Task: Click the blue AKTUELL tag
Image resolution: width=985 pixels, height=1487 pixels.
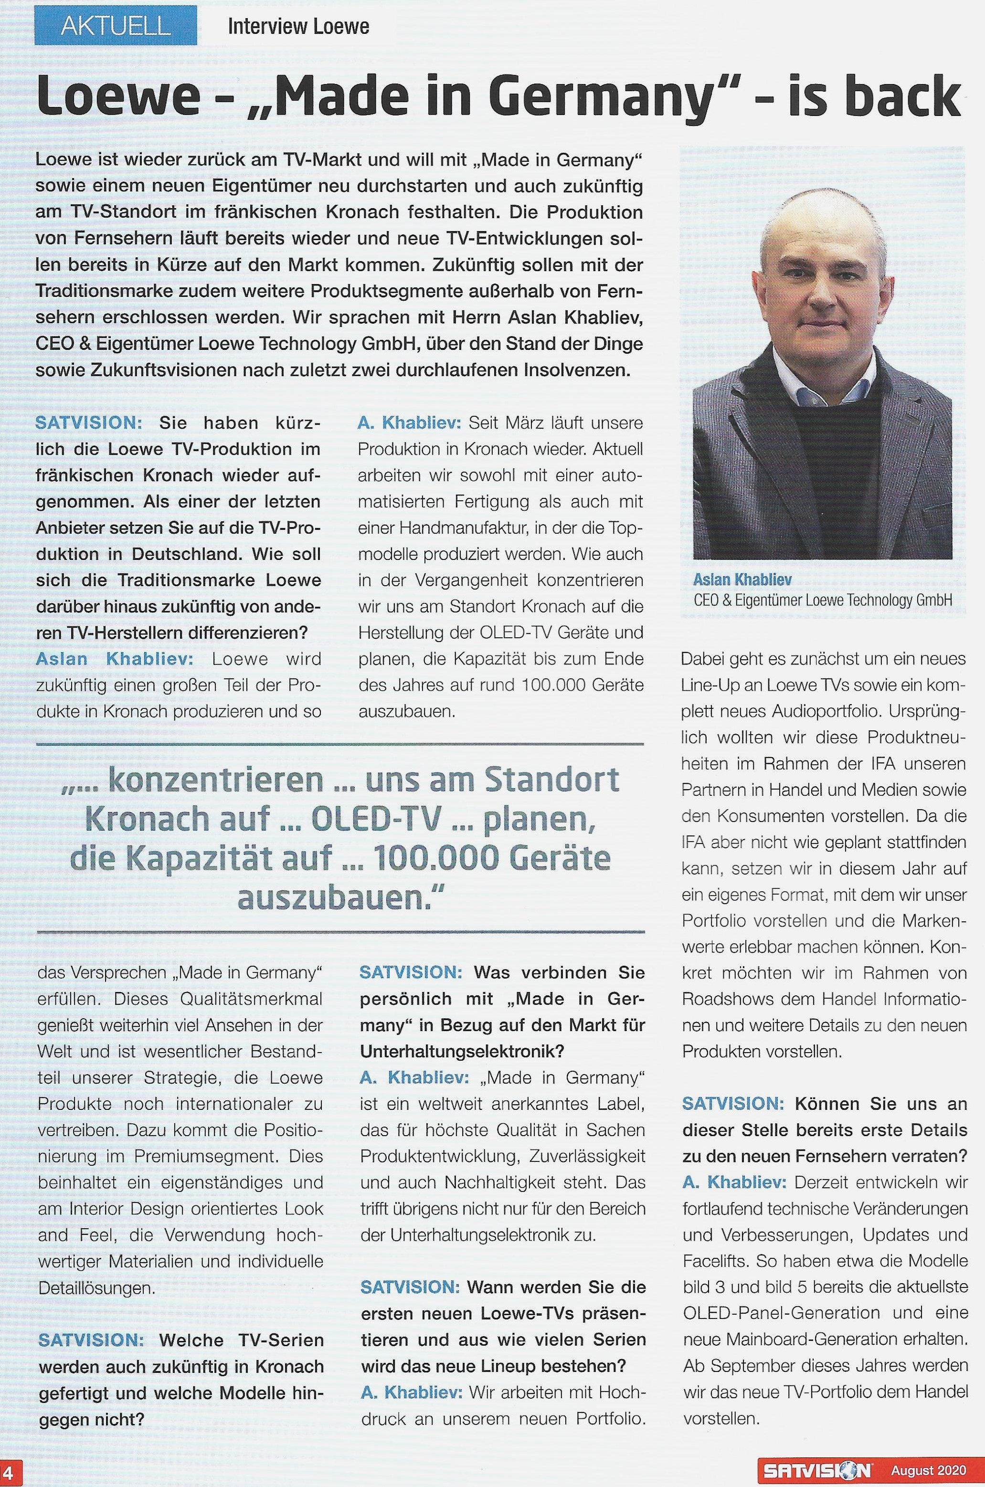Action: pyautogui.click(x=116, y=26)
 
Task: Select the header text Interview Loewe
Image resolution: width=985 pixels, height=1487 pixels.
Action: pyautogui.click(x=298, y=26)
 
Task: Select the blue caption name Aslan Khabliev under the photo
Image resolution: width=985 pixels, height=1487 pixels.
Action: pyautogui.click(x=742, y=580)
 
